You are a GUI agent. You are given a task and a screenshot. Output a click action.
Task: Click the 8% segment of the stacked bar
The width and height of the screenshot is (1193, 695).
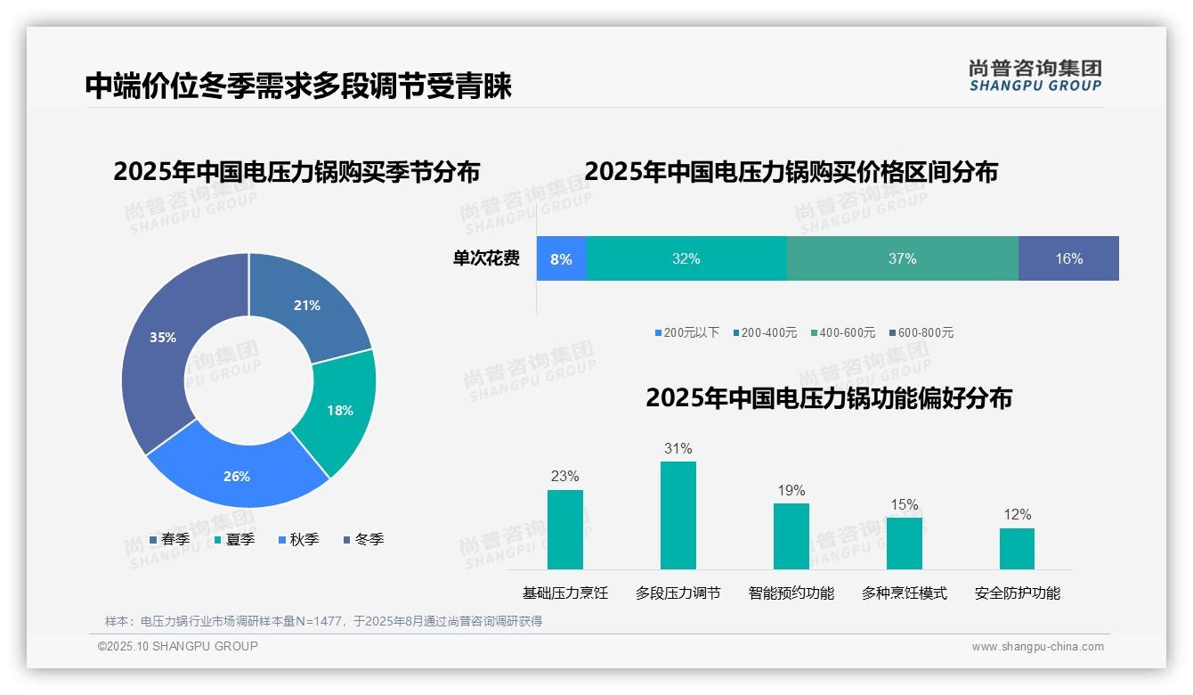(561, 258)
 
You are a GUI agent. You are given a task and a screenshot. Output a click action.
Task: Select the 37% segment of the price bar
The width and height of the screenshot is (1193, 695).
(902, 258)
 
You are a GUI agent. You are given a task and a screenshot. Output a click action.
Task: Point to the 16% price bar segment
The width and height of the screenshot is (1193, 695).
(1068, 258)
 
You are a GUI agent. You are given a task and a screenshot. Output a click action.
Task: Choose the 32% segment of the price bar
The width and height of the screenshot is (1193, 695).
(686, 258)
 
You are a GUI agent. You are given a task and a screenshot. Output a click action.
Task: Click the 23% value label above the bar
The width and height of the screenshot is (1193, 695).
(564, 476)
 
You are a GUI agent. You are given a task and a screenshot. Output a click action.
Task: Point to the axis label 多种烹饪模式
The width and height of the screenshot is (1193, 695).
(904, 593)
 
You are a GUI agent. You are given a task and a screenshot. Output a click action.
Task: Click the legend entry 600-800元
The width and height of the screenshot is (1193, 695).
(921, 332)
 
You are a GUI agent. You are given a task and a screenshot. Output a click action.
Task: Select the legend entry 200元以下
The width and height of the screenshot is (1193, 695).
(686, 332)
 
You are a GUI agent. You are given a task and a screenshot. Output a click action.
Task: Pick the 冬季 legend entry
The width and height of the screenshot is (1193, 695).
(363, 539)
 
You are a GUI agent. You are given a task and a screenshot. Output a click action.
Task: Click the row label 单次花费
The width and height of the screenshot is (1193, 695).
(486, 258)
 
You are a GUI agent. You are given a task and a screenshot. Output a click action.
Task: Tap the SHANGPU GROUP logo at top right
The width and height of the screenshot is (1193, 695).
(1035, 76)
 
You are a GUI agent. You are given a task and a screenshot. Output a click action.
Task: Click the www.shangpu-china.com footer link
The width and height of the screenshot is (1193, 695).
(1037, 647)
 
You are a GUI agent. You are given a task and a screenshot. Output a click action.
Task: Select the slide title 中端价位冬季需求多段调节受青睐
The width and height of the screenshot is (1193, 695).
(298, 86)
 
